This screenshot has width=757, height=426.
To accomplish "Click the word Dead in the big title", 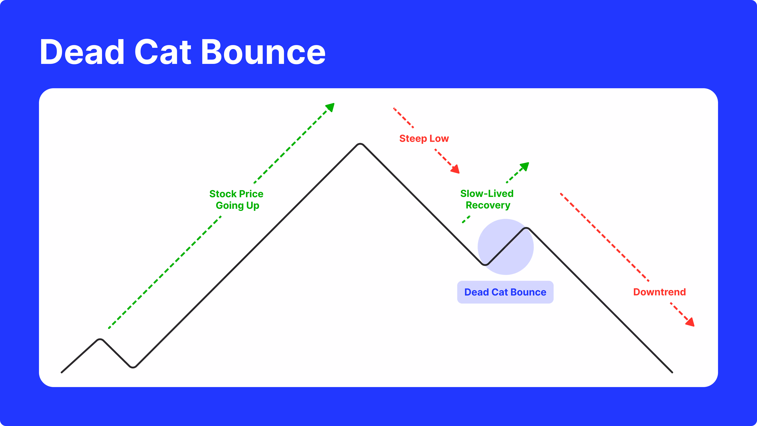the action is pyautogui.click(x=82, y=52).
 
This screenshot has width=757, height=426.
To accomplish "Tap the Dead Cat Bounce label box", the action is pyautogui.click(x=505, y=292).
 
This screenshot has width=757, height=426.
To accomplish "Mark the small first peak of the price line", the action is pyautogui.click(x=100, y=340).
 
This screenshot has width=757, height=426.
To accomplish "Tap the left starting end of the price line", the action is pyautogui.click(x=62, y=372).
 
